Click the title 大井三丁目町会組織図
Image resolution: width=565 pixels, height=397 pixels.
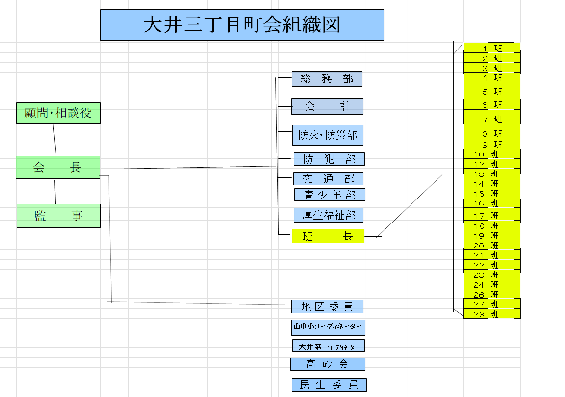coord(242,25)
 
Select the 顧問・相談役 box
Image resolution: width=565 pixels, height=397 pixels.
coord(58,113)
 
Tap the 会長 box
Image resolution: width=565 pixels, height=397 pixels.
coord(58,167)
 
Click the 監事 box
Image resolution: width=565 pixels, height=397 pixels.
coord(58,216)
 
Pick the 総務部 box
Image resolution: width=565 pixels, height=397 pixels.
coord(327,79)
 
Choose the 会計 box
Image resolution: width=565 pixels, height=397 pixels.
coord(327,106)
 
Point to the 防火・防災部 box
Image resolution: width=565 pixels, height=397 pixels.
coord(328,135)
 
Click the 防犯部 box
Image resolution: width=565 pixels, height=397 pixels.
coord(329,159)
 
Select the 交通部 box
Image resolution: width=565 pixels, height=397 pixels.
coord(328,178)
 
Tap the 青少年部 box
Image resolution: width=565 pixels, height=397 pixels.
coord(330,195)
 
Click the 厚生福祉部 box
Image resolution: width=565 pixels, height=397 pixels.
coord(329,215)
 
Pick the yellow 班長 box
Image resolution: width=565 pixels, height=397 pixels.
coord(328,236)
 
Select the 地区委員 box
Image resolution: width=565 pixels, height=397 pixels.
coord(327,307)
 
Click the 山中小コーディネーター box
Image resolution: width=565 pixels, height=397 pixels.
coord(328,327)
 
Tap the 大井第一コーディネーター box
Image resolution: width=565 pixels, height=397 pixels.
coord(328,346)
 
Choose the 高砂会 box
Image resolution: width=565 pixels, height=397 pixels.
coord(328,364)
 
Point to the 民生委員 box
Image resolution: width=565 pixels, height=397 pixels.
coord(329,385)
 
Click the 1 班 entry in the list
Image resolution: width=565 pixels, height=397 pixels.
coord(492,48)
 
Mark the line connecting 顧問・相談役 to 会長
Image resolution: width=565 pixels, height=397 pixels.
coord(55,139)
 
